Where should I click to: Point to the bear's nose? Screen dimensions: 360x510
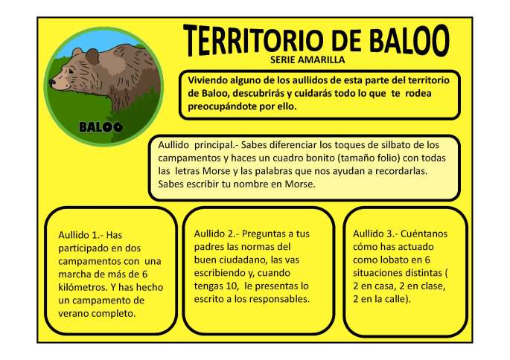point(53,83)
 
